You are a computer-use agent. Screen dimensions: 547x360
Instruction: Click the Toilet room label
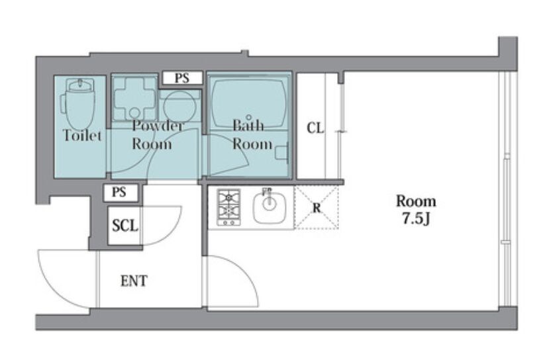82,135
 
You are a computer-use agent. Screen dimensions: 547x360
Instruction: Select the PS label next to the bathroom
182,77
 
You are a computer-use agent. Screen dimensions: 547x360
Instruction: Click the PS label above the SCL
119,192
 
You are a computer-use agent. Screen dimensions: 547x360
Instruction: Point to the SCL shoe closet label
125,226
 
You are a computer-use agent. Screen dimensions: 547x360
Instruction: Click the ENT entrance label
134,281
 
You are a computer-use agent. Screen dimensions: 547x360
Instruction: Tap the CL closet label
315,128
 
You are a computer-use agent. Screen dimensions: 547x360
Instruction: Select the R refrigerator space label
317,208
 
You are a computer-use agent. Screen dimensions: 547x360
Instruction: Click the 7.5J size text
416,218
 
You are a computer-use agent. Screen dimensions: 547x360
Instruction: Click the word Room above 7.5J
416,201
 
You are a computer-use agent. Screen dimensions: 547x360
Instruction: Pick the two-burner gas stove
228,207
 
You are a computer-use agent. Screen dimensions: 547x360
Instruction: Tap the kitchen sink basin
270,207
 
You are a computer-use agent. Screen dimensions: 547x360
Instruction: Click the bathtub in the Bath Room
249,103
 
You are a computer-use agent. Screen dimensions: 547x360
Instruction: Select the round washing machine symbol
179,107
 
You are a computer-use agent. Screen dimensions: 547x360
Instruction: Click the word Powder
158,126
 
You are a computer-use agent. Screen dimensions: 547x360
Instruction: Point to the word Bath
248,126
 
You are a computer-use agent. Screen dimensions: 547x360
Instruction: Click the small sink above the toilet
80,85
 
